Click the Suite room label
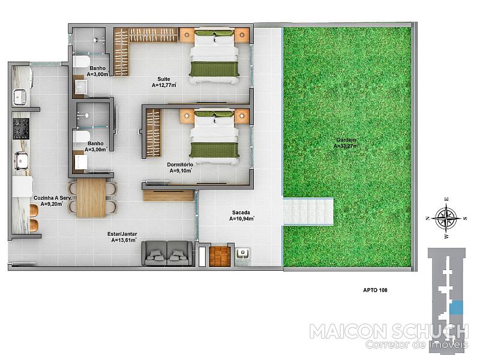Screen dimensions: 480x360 pos(164,79)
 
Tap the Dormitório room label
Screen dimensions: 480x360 pos(180,164)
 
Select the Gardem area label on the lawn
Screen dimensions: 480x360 pos(346,140)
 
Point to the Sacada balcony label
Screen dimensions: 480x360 pos(241,212)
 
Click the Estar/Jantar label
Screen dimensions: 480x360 pos(122,234)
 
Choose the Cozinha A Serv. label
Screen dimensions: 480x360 pos(52,198)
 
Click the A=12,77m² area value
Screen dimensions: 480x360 pos(164,85)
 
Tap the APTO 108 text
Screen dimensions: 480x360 pos(375,290)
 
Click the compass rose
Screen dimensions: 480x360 pos(446,218)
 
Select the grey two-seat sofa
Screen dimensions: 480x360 pos(167,253)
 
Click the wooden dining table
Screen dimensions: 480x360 pos(91,198)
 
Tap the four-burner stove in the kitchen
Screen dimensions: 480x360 pos(21,128)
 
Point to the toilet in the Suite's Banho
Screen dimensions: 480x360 pos(81,61)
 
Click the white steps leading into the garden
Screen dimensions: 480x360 pos(308,212)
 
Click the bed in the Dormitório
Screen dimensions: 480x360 pos(214,137)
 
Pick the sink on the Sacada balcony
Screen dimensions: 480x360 pos(243,254)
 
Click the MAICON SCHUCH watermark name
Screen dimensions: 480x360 pos(389,332)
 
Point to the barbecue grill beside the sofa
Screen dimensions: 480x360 pos(220,256)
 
